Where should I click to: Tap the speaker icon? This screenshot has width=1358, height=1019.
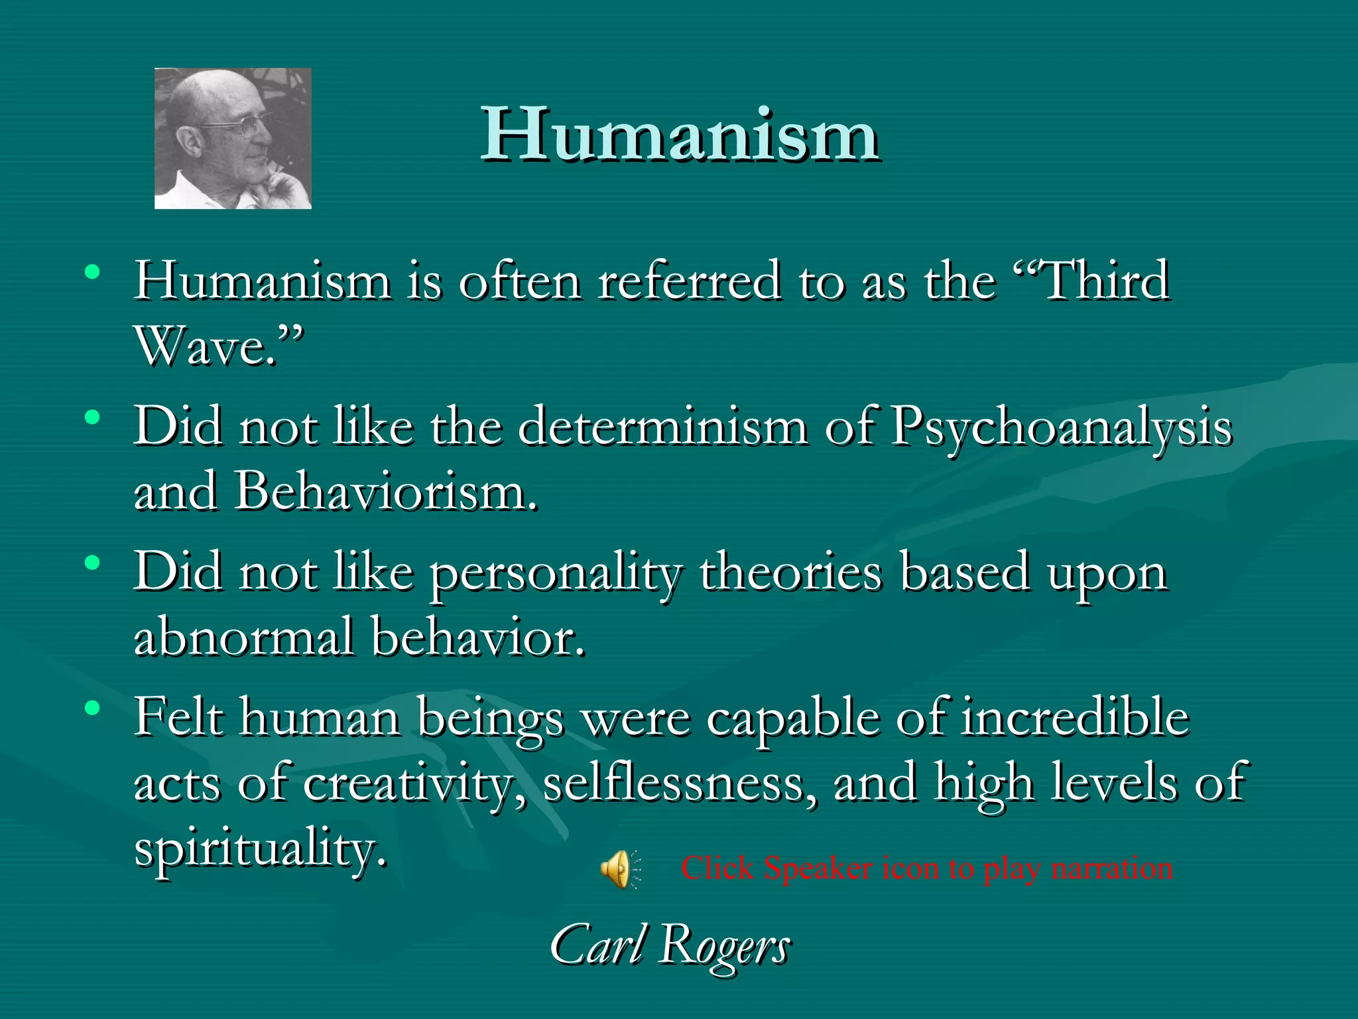tap(619, 868)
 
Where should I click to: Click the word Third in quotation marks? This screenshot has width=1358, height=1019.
tap(1105, 281)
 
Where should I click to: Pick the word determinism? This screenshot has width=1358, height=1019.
tap(662, 427)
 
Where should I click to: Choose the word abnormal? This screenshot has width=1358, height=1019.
tap(243, 637)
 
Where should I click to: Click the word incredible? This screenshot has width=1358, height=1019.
tap(1075, 718)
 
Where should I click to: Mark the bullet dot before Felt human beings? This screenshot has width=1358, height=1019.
tap(92, 708)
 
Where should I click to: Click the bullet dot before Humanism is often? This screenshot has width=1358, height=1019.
tap(92, 272)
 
